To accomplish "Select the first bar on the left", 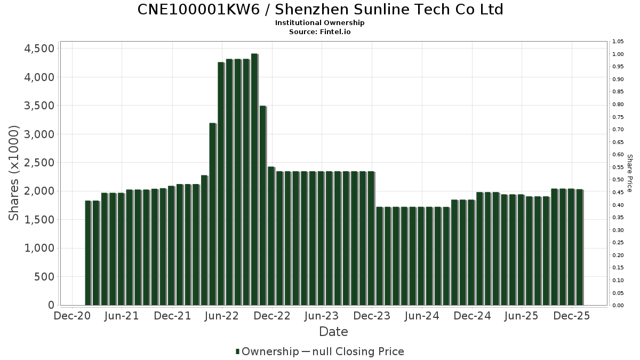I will pos(88,253).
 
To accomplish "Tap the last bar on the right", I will pos(579,247).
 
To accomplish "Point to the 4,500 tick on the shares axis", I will pos(40,49).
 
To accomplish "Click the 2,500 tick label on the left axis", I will pos(40,163).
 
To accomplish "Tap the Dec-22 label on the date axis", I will pos(272,316).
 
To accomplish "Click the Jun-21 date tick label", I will pos(122,316).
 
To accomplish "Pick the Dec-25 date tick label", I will pos(572,316).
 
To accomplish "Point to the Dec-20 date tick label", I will pos(72,316).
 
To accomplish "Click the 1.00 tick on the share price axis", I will pos(618,54).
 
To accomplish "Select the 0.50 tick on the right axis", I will pos(618,180).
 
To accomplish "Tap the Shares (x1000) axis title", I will pos(14,173).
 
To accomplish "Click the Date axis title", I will pos(333,332).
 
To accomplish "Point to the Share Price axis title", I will pos(629,173).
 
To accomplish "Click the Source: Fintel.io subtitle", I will pos(320,31).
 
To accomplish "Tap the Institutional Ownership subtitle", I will pos(320,23).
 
